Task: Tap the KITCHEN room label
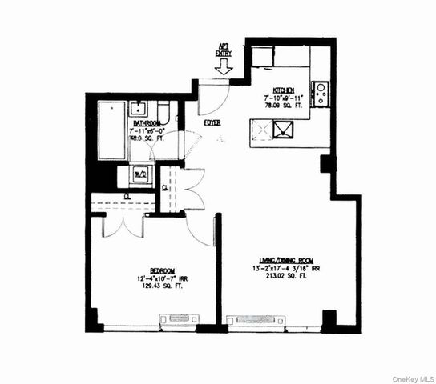[x=285, y=90]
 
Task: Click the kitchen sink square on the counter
[x=283, y=129]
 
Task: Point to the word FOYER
[x=212, y=122]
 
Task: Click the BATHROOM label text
[x=147, y=124]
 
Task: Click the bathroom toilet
[x=164, y=112]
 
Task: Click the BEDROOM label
[x=151, y=270]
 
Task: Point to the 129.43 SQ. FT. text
[x=151, y=286]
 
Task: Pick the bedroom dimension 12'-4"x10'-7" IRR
[x=151, y=278]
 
